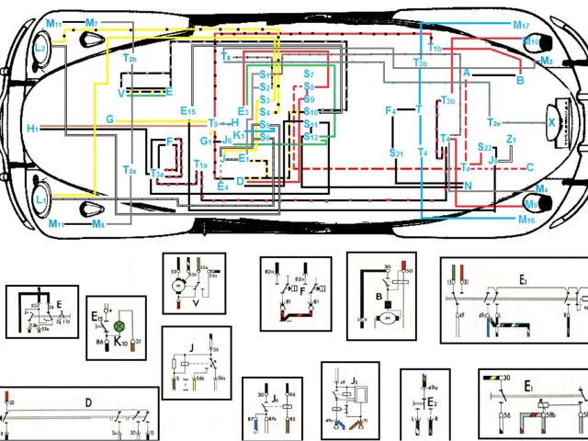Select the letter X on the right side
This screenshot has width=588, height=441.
(x=551, y=121)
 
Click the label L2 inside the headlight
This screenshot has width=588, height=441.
(x=40, y=48)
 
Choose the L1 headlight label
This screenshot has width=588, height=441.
(x=40, y=198)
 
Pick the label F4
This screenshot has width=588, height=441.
(x=390, y=111)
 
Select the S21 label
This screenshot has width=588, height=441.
(x=397, y=153)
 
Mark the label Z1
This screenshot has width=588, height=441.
(x=512, y=139)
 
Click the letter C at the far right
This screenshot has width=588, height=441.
(x=530, y=167)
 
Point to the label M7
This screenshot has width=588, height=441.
(x=92, y=21)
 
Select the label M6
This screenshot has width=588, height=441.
(x=97, y=223)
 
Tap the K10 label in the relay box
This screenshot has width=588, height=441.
(x=119, y=343)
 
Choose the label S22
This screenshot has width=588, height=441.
(x=485, y=147)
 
